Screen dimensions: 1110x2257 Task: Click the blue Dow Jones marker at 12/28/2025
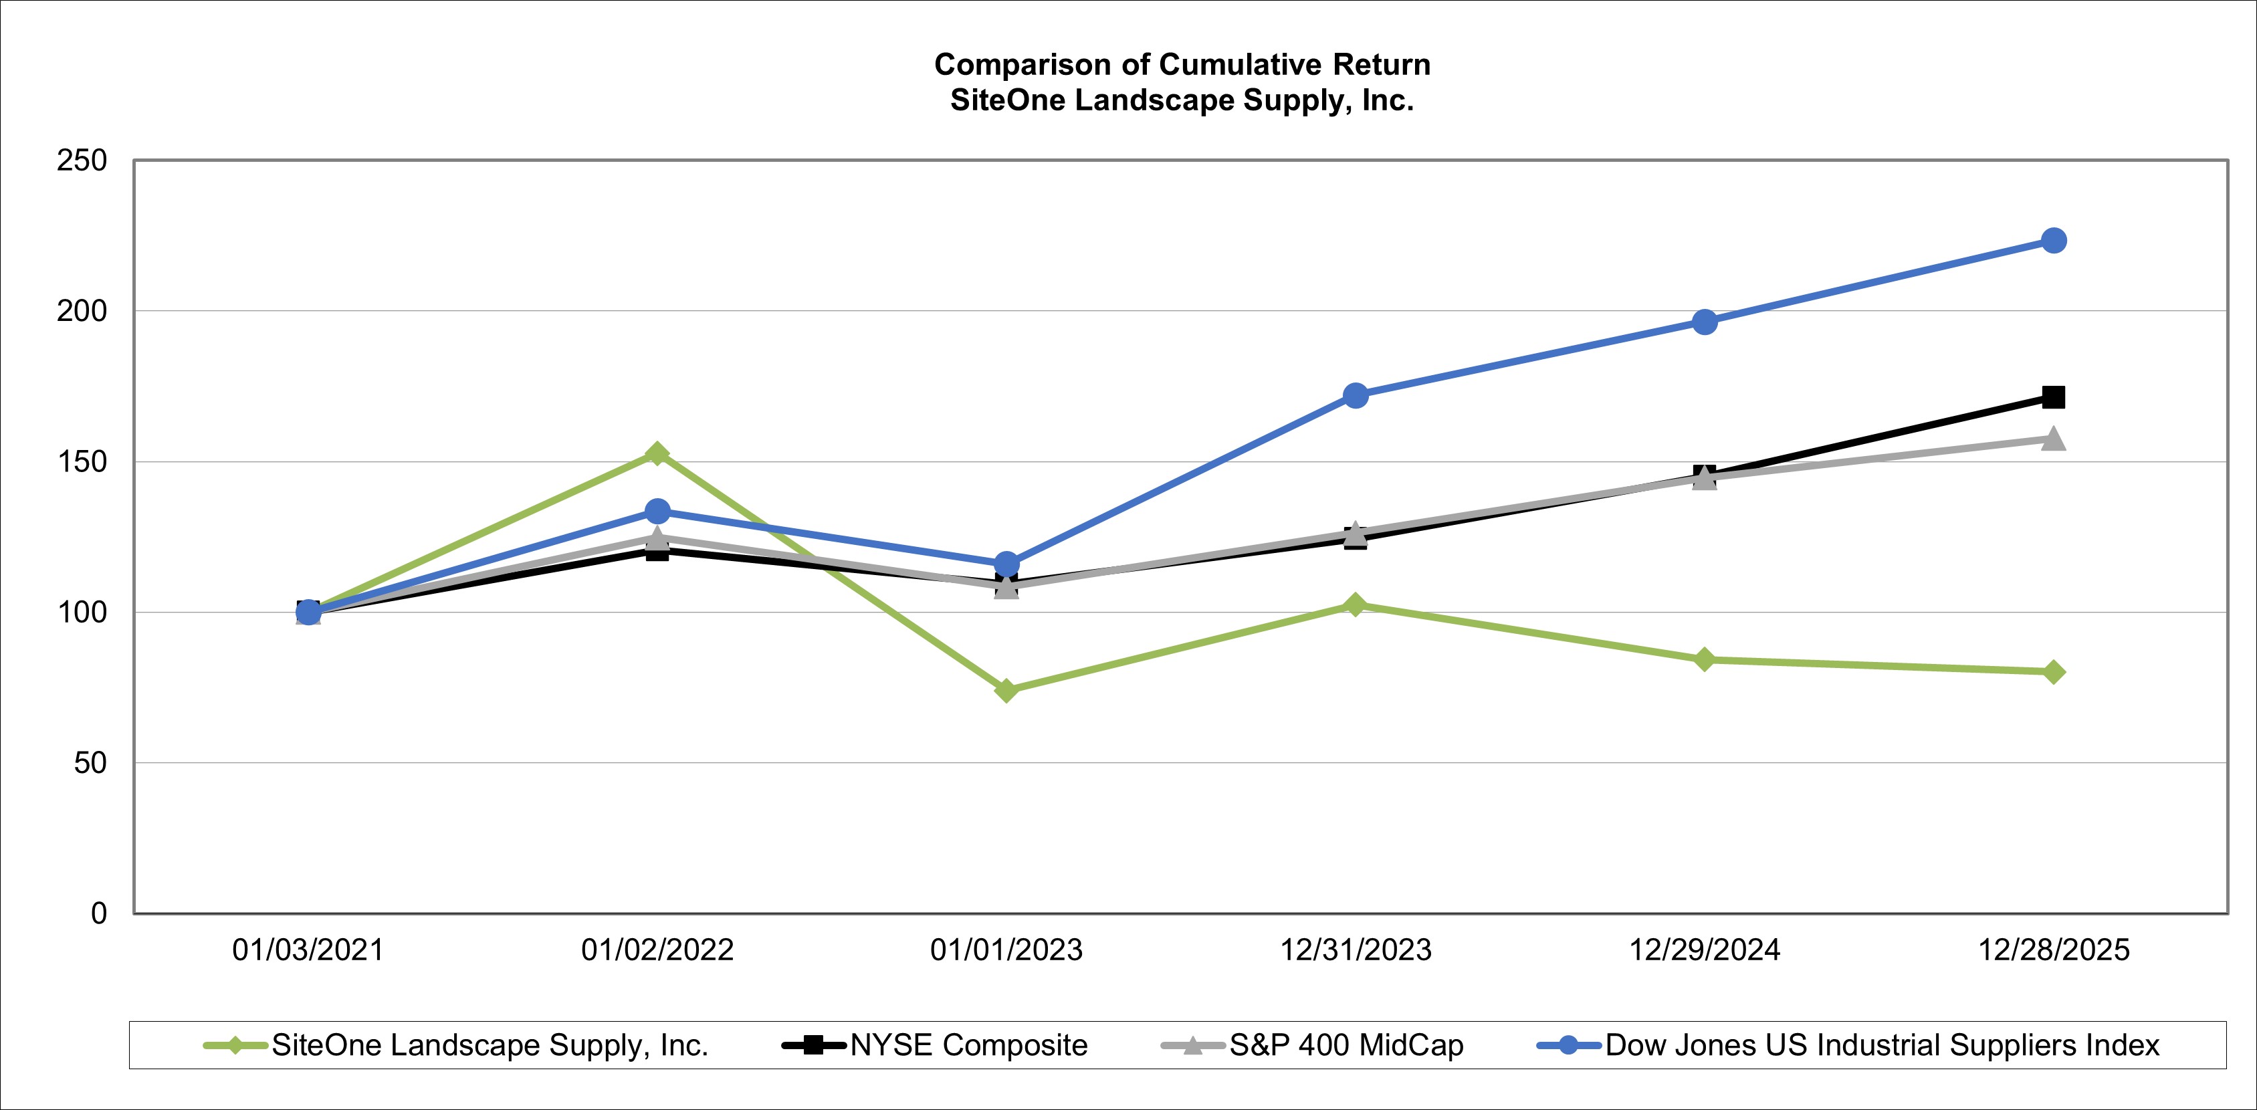[x=2053, y=240]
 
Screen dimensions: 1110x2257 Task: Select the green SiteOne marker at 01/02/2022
[x=657, y=453]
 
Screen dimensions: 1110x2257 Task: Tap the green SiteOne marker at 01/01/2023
[x=1006, y=690]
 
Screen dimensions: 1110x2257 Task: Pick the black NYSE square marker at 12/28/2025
[x=2053, y=397]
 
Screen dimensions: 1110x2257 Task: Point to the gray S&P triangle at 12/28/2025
[x=2053, y=439]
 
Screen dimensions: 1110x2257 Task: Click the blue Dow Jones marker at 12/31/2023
[x=1356, y=395]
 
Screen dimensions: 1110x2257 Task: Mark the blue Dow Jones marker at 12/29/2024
[x=1704, y=322]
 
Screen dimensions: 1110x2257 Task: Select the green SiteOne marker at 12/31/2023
[x=1356, y=604]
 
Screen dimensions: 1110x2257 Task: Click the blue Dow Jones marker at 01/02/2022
[x=657, y=511]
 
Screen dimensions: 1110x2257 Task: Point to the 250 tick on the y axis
[x=82, y=160]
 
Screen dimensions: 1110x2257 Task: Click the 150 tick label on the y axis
[x=82, y=461]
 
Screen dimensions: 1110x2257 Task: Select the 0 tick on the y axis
[x=98, y=913]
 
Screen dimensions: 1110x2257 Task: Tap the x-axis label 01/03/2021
[x=308, y=950]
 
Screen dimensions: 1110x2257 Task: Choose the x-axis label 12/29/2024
[x=1704, y=950]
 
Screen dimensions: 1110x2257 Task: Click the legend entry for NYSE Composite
[x=968, y=1045]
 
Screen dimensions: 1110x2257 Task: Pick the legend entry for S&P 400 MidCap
[x=1346, y=1045]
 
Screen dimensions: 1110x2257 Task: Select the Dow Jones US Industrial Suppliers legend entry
[x=1882, y=1045]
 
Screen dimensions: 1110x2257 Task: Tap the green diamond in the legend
[x=235, y=1045]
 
